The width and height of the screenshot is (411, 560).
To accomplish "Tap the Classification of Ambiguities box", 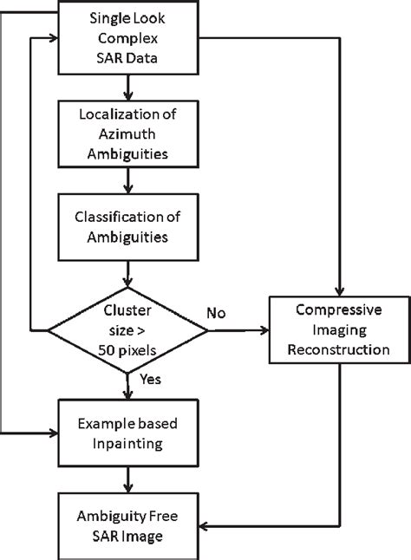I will click(x=128, y=226).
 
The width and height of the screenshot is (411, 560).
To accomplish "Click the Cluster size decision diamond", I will click(x=128, y=330).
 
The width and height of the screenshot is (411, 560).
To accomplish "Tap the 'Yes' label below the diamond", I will click(x=150, y=380).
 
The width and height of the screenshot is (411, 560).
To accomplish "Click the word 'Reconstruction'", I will click(x=340, y=350).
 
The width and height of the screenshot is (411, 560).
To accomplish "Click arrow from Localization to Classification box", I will click(x=128, y=179).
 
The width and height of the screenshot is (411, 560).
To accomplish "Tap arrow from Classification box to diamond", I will click(x=128, y=274).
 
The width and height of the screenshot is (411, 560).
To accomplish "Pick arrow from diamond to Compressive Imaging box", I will click(x=238, y=330).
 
